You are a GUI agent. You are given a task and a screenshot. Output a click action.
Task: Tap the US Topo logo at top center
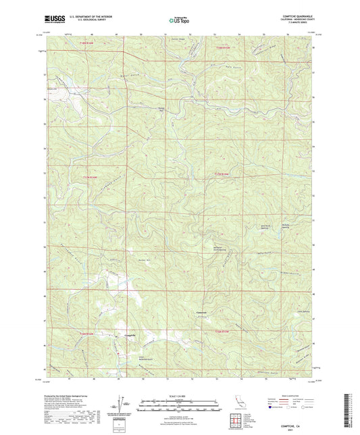tap(179, 21)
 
